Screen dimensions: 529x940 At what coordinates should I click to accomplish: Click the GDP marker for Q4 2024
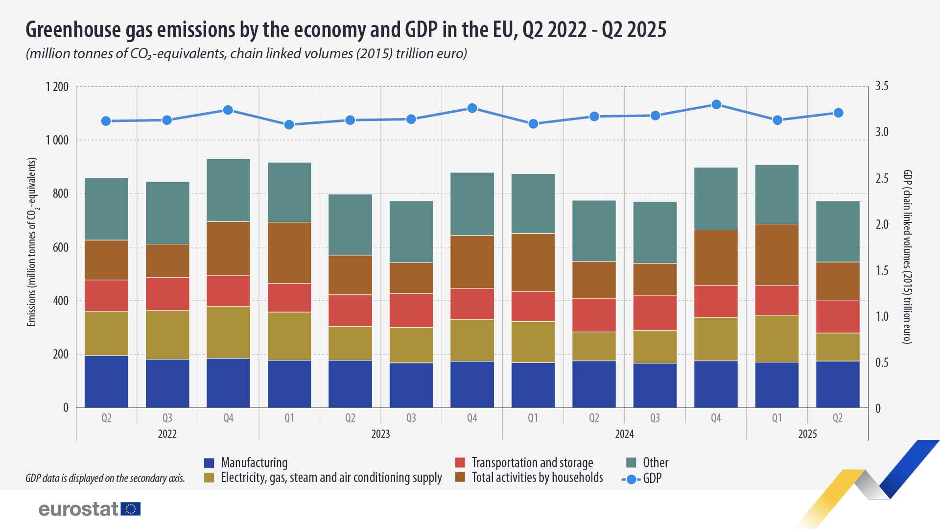click(x=716, y=104)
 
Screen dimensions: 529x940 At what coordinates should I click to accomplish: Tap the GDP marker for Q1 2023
click(x=289, y=124)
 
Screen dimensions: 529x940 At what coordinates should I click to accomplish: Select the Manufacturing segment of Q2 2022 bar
click(x=106, y=381)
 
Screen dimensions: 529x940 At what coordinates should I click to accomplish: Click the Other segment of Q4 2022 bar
click(x=228, y=190)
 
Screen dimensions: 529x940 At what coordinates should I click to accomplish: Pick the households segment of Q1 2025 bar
click(x=776, y=255)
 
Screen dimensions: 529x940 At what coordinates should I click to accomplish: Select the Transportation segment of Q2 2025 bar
click(x=838, y=316)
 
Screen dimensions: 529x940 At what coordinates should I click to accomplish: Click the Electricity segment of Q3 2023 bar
click(x=411, y=345)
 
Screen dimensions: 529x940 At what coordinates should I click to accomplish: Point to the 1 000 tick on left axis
click(x=57, y=141)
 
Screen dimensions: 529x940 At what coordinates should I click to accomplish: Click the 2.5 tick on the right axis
click(x=882, y=178)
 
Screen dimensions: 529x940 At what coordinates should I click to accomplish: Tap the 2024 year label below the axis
click(x=624, y=434)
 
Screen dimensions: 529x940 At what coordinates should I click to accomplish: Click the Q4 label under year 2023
click(x=472, y=418)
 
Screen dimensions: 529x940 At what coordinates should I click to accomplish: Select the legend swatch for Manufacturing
click(x=209, y=463)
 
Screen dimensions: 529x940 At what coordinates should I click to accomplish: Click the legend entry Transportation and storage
click(x=532, y=463)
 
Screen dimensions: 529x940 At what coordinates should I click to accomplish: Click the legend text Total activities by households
click(x=537, y=478)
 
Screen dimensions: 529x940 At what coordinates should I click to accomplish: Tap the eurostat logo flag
click(x=130, y=509)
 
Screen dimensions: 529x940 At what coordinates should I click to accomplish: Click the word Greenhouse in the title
click(x=72, y=30)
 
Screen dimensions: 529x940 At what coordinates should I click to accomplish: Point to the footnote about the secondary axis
click(x=105, y=478)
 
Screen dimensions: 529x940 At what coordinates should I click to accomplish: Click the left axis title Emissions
click(x=32, y=242)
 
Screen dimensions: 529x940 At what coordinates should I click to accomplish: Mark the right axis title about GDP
click(x=907, y=257)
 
